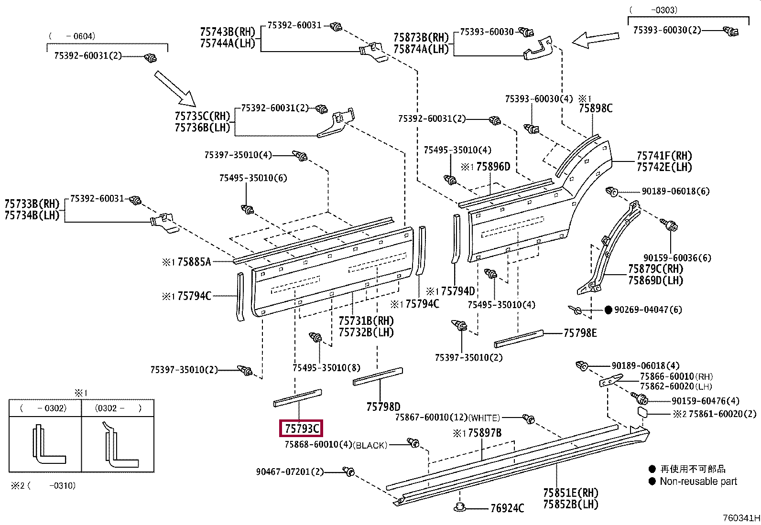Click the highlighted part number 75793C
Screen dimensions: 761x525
pos(301,428)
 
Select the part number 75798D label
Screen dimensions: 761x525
pos(383,407)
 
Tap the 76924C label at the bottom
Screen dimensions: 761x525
pos(507,508)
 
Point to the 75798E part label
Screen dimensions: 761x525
pos(580,333)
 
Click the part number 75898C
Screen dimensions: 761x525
pos(596,108)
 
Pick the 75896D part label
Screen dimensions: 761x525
pos(493,166)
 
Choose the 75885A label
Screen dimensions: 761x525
pos(194,261)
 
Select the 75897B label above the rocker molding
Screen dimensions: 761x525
pos(484,433)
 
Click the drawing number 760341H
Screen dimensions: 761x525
pos(741,518)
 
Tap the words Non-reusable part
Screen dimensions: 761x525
pos(698,481)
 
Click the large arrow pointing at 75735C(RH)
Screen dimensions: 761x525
pos(175,89)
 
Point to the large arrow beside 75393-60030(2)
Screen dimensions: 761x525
pos(595,40)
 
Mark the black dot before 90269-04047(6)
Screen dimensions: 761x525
pos(608,310)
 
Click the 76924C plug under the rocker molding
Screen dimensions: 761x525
pos(459,507)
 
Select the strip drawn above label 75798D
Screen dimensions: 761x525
pos(378,376)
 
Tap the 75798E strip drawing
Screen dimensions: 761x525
pos(519,339)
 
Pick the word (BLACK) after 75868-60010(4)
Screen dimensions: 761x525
pos(370,445)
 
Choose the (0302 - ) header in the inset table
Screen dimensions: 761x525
pos(118,408)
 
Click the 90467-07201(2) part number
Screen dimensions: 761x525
pos(290,471)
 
